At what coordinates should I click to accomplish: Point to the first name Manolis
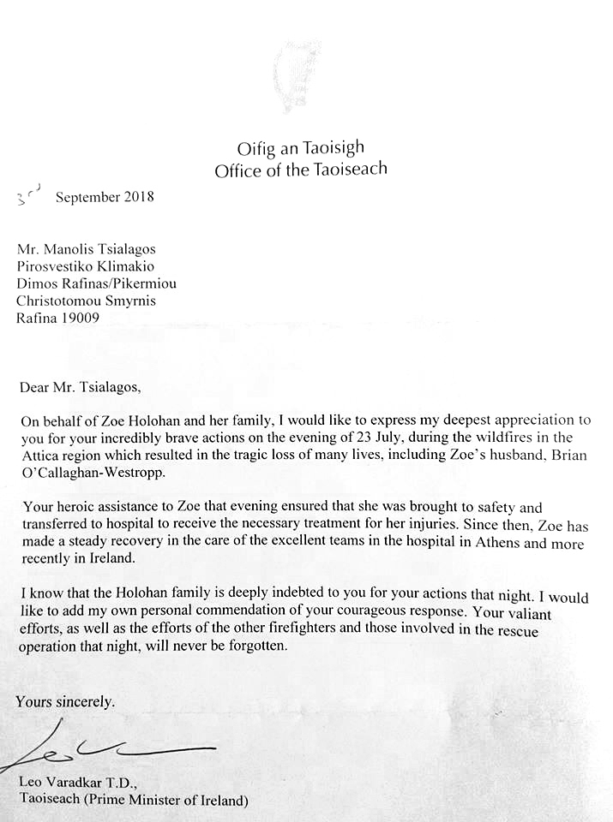(70, 249)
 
